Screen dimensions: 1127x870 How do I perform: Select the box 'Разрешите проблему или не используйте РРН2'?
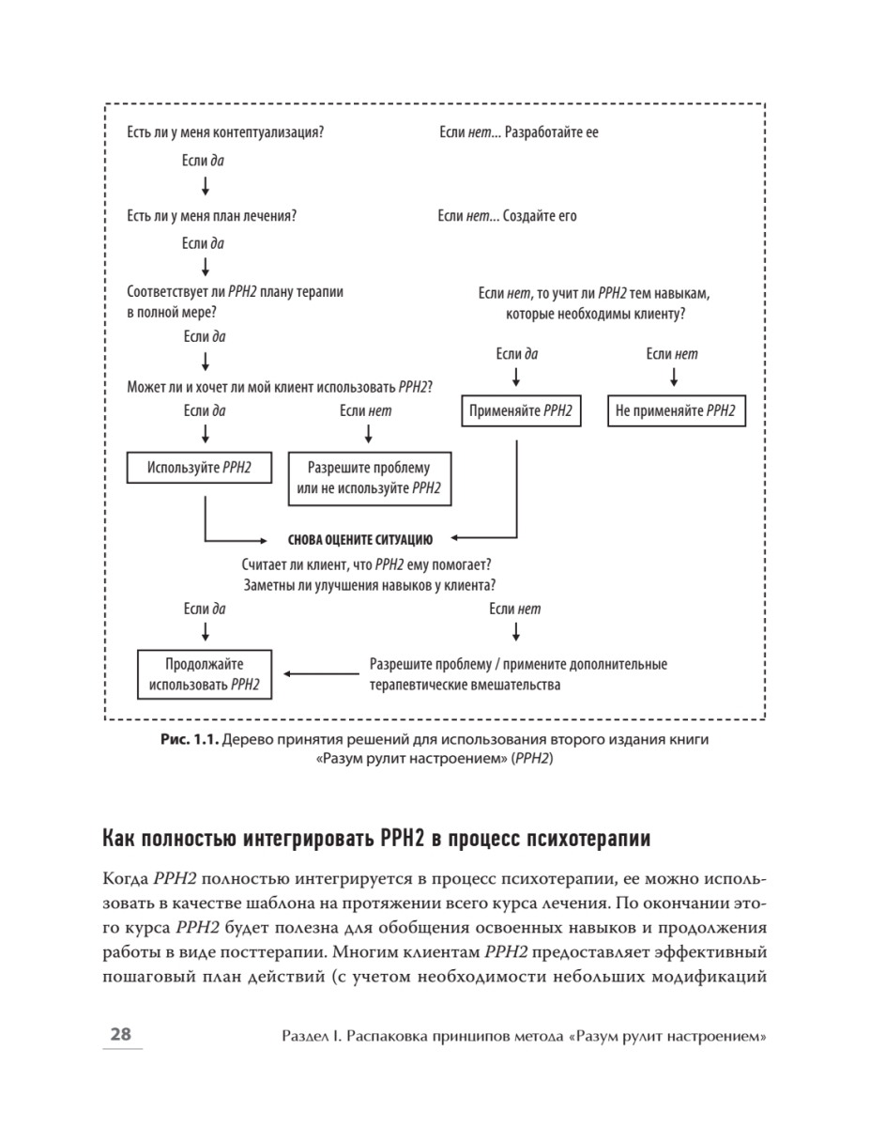(x=368, y=478)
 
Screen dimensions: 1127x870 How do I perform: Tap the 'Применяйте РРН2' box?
(x=521, y=411)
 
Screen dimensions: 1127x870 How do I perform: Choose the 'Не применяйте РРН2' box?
(x=676, y=411)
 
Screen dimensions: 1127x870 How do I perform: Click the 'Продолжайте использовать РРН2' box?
(x=205, y=674)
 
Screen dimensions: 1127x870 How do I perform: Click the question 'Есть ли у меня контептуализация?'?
(x=225, y=132)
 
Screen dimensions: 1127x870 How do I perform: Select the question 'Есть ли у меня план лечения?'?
(x=212, y=216)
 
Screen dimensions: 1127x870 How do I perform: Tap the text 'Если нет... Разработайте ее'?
(x=518, y=132)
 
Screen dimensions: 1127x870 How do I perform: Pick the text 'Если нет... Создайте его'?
(x=508, y=216)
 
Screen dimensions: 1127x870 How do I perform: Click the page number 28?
(x=121, y=1035)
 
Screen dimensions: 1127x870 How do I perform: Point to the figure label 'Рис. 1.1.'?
(x=191, y=740)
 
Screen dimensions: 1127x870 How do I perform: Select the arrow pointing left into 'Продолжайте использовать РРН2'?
(x=319, y=674)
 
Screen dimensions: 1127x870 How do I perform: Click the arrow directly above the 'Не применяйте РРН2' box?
(x=673, y=378)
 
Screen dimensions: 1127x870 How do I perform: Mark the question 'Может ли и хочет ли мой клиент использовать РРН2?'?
(x=285, y=385)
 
